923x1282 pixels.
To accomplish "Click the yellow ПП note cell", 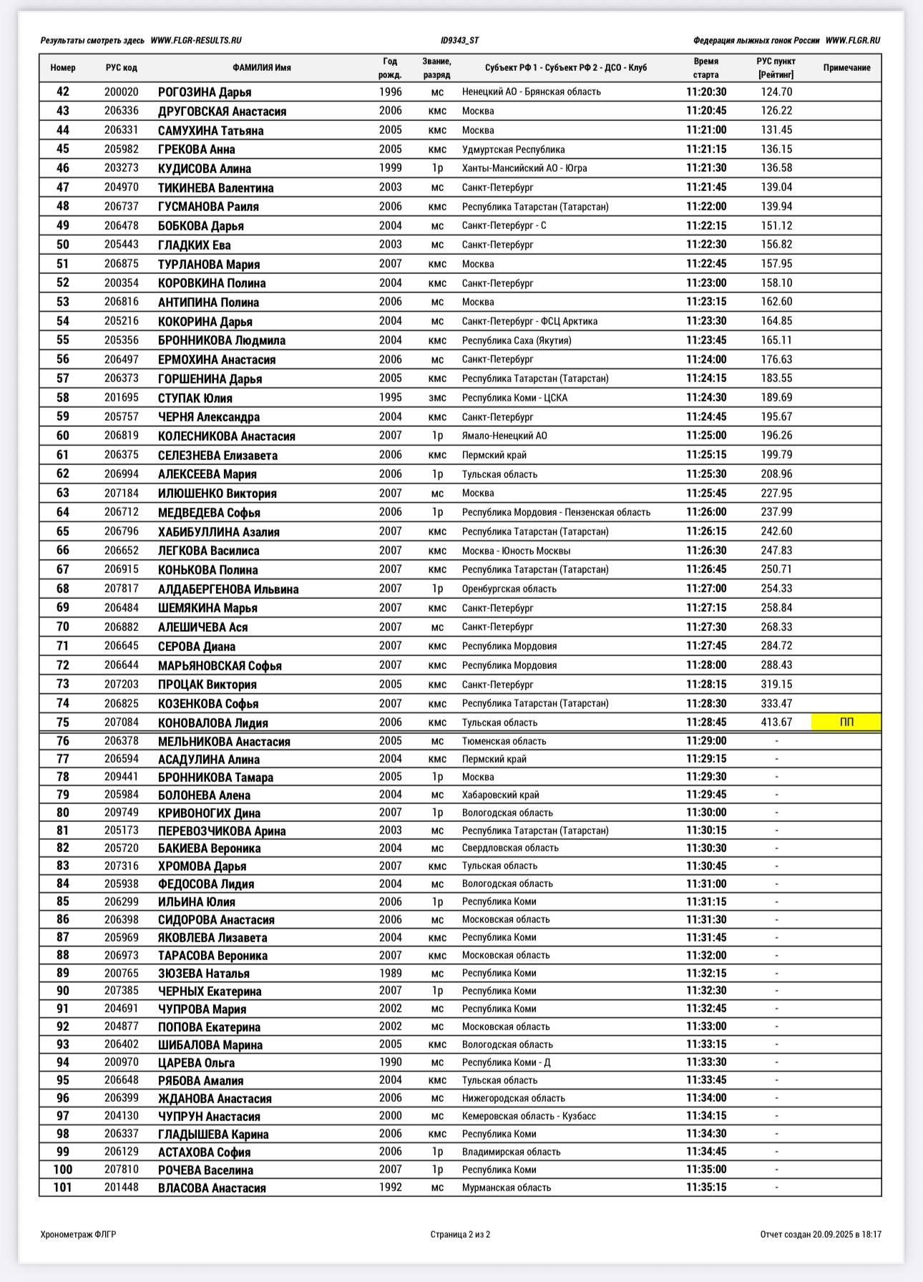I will click(x=846, y=723).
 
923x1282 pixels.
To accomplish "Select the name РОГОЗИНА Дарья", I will click(x=205, y=92).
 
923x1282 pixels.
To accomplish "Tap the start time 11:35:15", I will click(x=706, y=1188).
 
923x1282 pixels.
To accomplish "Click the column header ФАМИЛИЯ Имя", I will click(x=262, y=68).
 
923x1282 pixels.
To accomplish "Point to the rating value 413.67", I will click(x=776, y=723).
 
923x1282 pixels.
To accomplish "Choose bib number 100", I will click(x=63, y=1170).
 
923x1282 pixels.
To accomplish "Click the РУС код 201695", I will click(x=122, y=398).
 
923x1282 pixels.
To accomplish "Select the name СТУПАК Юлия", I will click(x=195, y=398).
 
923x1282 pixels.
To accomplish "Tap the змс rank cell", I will click(x=437, y=398).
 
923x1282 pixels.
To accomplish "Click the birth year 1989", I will click(x=391, y=973).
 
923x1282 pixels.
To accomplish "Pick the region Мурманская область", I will click(x=507, y=1188).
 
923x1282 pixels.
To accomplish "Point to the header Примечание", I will click(x=846, y=68).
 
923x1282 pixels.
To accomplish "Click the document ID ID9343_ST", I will click(x=460, y=41).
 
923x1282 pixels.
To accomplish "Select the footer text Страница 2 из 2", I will click(x=460, y=1234).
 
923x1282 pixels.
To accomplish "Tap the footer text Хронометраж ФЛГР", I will click(x=79, y=1234).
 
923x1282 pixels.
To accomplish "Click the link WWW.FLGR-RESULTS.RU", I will click(x=196, y=41).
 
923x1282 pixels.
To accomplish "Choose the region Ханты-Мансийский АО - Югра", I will click(x=524, y=169).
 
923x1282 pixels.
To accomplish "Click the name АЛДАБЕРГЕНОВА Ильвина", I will click(x=228, y=589).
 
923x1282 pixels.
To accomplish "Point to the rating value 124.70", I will click(x=776, y=92).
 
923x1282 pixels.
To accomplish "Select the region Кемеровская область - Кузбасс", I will click(x=529, y=1116).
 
